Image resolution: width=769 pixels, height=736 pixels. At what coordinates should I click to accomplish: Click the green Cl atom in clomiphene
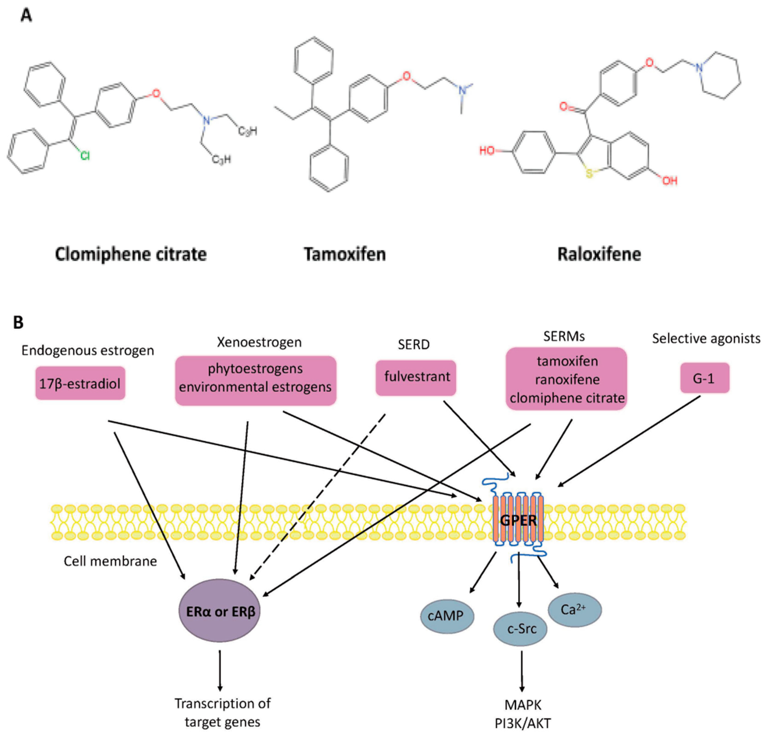85,156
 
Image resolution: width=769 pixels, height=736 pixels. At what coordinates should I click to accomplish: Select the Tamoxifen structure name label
345,254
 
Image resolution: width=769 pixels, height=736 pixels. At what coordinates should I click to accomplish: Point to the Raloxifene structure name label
599,254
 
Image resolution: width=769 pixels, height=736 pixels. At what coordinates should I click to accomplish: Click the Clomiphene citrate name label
131,254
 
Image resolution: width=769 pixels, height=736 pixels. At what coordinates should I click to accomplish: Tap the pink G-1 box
705,378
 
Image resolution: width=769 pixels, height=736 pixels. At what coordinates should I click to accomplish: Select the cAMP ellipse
447,616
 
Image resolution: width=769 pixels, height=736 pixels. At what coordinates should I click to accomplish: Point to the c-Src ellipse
520,629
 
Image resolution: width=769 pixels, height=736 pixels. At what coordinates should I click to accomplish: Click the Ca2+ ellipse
575,610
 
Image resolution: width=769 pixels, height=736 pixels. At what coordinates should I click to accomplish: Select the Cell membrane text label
110,561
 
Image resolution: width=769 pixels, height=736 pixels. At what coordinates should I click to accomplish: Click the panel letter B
18,323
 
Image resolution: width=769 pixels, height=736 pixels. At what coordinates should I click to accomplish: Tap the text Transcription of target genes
222,713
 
